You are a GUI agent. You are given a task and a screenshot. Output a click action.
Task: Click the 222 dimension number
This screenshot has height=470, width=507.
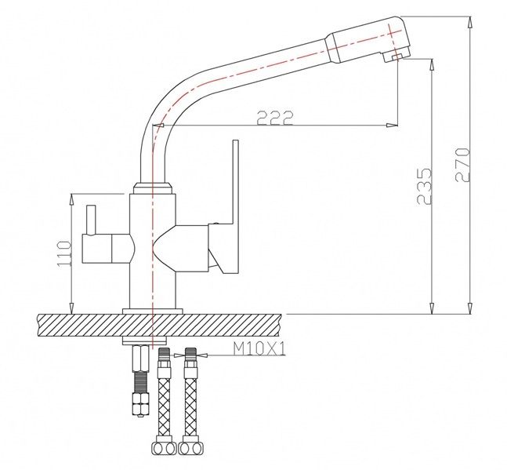(275, 118)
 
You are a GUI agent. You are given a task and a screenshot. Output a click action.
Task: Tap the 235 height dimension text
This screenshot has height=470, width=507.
(424, 186)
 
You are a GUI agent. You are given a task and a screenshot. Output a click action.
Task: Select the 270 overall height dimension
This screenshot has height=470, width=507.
(462, 165)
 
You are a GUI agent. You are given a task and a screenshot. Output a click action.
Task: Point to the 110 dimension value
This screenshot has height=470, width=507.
(63, 253)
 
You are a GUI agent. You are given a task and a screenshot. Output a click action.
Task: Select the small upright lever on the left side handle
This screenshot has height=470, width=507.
(91, 219)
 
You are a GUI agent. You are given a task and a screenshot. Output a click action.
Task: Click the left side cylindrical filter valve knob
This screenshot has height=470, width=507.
(106, 249)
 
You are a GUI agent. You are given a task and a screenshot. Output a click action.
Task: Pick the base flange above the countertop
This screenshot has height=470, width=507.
(152, 312)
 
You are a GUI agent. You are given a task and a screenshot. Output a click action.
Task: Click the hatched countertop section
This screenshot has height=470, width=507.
(159, 326)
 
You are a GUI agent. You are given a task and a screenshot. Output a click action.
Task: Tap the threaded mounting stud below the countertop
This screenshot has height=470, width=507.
(140, 381)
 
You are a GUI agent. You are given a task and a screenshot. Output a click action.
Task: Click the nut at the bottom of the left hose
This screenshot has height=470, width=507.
(164, 449)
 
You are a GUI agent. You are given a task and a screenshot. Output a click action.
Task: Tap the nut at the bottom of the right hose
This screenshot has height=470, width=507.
(190, 449)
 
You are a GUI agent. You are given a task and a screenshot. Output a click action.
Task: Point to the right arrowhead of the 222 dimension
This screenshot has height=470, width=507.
(393, 126)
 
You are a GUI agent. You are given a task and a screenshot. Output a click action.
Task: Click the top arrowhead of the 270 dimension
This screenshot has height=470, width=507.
(470, 22)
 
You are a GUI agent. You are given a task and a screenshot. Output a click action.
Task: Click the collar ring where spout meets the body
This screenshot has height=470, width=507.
(153, 188)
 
